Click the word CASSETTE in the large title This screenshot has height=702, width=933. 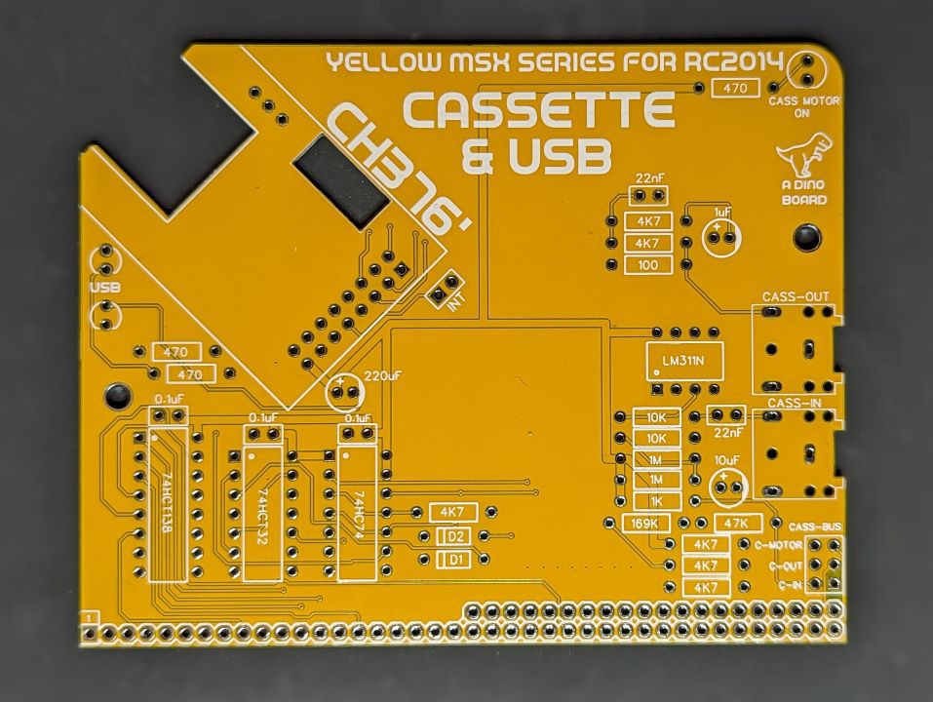[x=539, y=110]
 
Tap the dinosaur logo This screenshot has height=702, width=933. [x=802, y=153]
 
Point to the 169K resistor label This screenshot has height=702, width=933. [x=645, y=524]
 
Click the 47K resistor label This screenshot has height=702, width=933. [x=738, y=523]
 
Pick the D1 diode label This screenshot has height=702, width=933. [x=456, y=560]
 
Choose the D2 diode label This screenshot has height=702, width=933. [x=456, y=537]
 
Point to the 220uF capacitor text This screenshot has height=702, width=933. [x=383, y=375]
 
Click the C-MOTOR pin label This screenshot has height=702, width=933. [x=778, y=544]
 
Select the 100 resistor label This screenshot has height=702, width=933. [x=647, y=265]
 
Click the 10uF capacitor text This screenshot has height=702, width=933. [x=727, y=460]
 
